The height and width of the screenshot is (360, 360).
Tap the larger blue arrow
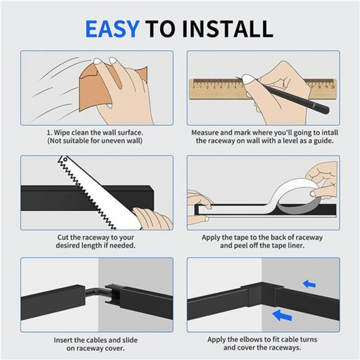click(282, 316)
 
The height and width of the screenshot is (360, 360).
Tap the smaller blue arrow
click(309, 284)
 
